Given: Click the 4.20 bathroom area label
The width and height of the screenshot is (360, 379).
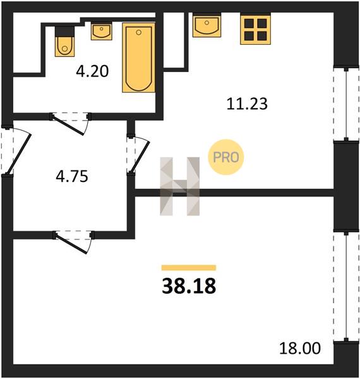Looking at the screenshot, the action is [92, 71].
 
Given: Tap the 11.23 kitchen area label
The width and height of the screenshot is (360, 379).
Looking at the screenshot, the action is [247, 104].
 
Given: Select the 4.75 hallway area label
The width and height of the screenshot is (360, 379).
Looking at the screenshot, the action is [72, 176].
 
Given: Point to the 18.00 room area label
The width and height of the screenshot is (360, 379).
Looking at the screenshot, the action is [300, 348].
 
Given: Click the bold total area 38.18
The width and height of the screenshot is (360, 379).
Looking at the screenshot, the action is [189, 286].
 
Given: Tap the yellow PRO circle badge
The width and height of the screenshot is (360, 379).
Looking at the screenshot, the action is [226, 157].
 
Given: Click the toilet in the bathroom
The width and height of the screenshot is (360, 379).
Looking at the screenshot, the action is [64, 41].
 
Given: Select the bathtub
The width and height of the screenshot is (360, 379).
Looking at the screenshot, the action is [138, 57].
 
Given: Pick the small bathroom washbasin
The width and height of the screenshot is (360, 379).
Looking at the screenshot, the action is [102, 31].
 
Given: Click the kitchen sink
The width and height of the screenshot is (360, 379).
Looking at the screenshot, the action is [207, 25].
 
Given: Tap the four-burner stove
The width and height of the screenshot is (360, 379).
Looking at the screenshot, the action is [255, 30].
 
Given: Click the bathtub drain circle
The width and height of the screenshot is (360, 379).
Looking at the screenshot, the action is [138, 32].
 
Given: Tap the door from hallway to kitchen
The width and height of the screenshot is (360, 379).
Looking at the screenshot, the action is [138, 154].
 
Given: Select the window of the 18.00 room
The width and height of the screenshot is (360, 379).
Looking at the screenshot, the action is [346, 286].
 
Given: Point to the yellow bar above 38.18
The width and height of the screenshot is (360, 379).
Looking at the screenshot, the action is [189, 267].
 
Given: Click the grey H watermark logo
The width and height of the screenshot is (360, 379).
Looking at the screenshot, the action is [180, 186].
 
